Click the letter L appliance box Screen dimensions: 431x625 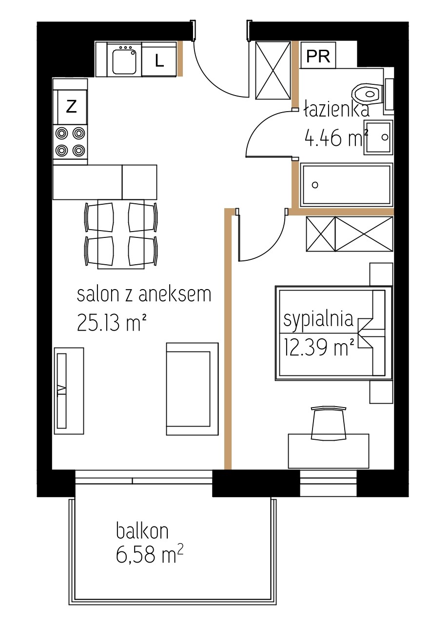(x=159, y=59)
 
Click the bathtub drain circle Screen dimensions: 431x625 (x=314, y=185)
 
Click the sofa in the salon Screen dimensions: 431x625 (x=192, y=389)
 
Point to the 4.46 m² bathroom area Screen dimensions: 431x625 (x=336, y=138)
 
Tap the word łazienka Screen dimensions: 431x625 (x=336, y=110)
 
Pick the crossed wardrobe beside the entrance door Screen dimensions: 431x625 (x=273, y=70)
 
